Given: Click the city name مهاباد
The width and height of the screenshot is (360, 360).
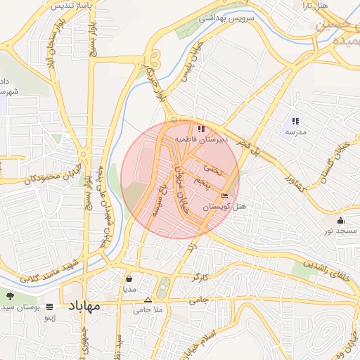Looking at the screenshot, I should coord(84,306).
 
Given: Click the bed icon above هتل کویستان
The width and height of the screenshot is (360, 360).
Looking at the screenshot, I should coord(225,195).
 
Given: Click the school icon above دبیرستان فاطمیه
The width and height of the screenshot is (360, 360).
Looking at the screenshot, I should coord(202,129).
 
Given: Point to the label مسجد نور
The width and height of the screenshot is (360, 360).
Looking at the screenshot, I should coord(341,231).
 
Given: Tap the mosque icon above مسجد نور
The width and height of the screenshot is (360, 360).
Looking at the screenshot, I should coord(341,220).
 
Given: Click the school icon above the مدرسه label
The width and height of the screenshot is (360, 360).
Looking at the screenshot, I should coord(295,121).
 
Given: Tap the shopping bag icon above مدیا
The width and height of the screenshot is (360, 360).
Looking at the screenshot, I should coord(129,278).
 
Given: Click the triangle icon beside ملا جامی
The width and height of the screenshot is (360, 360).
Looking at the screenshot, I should coord(147,300).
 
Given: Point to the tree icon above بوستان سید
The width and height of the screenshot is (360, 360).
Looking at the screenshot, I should coord(10,296).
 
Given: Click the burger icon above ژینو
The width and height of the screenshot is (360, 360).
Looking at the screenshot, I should coord(49,307).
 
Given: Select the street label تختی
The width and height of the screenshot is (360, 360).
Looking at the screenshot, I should coord(212,169).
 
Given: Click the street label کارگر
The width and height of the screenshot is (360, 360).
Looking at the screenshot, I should coord(199,278).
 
